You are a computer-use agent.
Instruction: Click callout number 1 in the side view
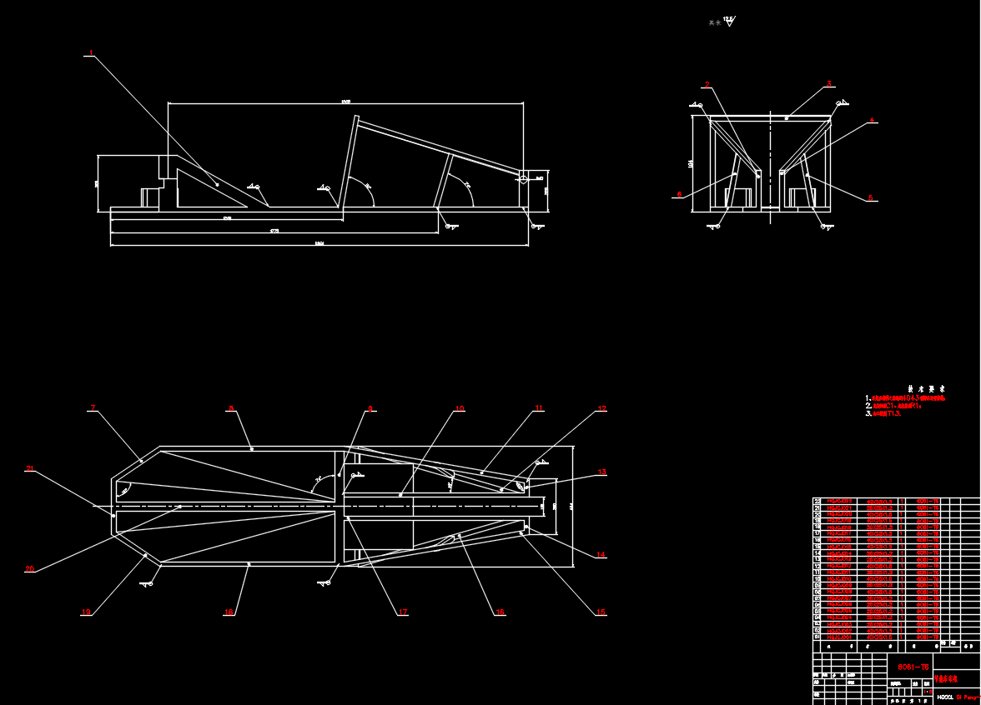tap(90, 55)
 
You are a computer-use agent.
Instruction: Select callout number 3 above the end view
tap(829, 83)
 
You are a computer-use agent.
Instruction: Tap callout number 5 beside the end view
tap(870, 197)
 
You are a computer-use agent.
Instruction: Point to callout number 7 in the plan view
tap(93, 408)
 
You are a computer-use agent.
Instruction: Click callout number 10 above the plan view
tap(459, 409)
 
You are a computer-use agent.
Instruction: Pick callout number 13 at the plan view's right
tap(601, 472)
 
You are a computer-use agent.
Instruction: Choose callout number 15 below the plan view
tap(601, 612)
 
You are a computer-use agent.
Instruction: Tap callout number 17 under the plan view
tap(403, 612)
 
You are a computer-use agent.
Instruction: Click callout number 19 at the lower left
tap(86, 612)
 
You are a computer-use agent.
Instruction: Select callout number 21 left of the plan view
tap(30, 469)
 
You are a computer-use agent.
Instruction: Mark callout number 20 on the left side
tap(30, 570)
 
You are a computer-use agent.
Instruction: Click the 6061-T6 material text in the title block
tap(913, 667)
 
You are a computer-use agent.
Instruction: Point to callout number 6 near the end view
tap(679, 194)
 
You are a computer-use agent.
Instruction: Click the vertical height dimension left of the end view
tap(691, 164)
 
